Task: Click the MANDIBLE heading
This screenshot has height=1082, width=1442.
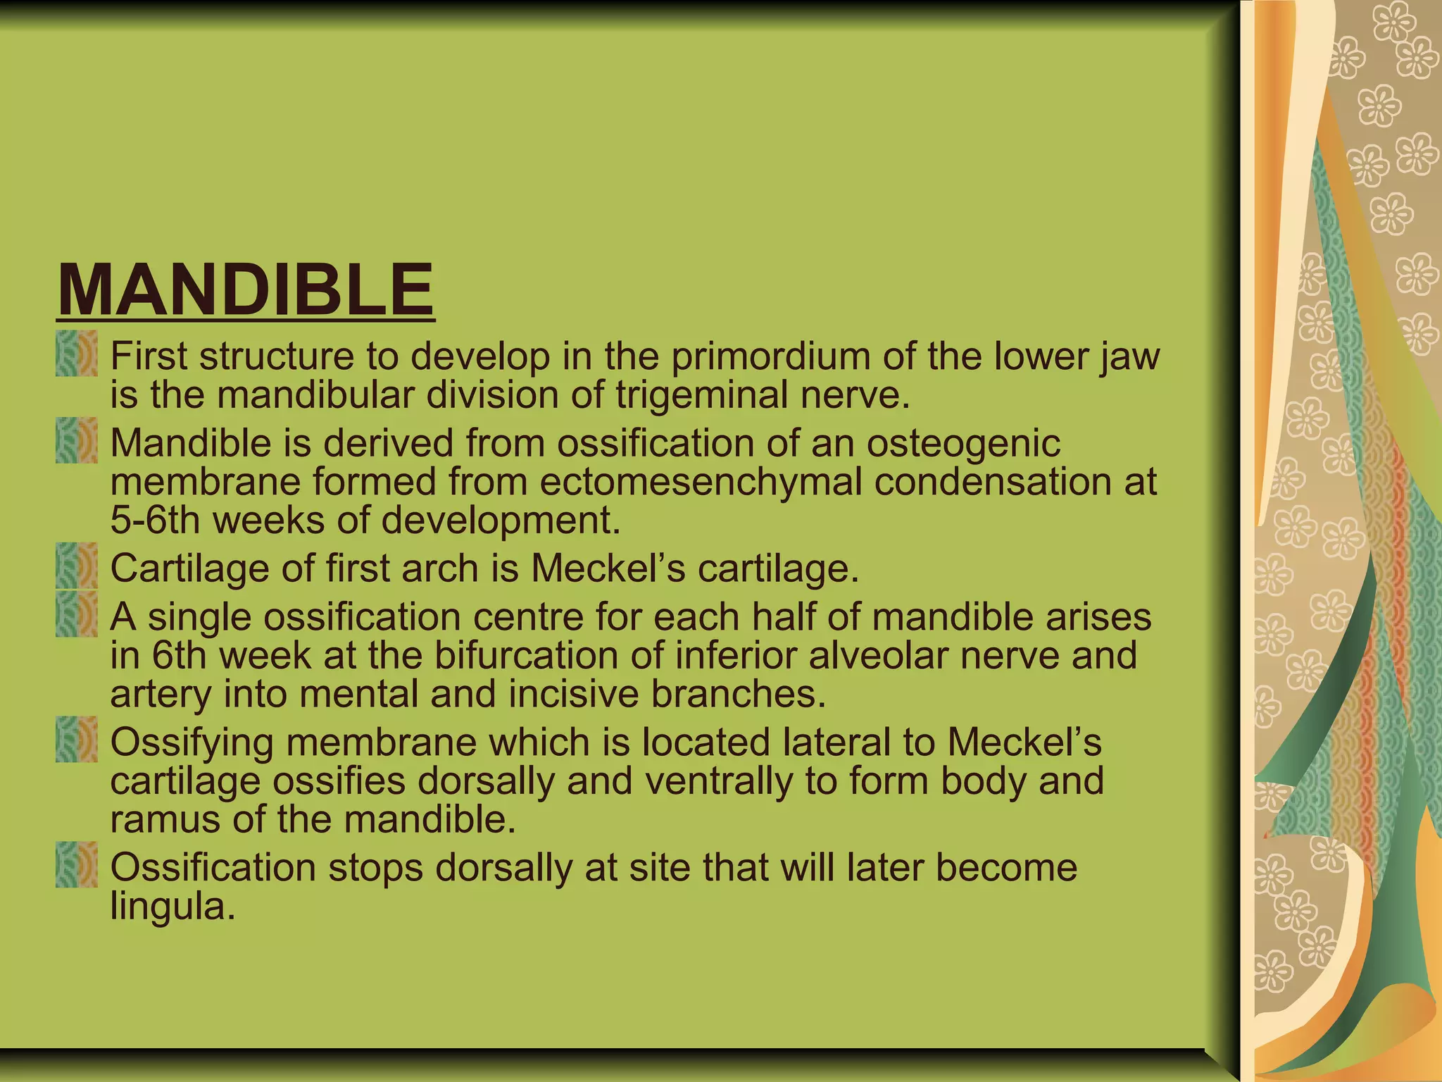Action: pyautogui.click(x=245, y=290)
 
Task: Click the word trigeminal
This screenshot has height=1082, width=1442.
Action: pyautogui.click(x=701, y=394)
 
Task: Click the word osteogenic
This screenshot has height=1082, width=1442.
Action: pyautogui.click(x=963, y=444)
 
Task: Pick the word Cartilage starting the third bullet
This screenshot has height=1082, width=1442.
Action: pyautogui.click(x=189, y=568)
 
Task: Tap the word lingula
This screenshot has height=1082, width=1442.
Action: pyautogui.click(x=171, y=907)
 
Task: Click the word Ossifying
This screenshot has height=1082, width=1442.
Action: pyautogui.click(x=192, y=743)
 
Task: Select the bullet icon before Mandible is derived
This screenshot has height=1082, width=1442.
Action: pyautogui.click(x=77, y=441)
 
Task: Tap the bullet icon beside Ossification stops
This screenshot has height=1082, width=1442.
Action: pyautogui.click(x=77, y=864)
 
